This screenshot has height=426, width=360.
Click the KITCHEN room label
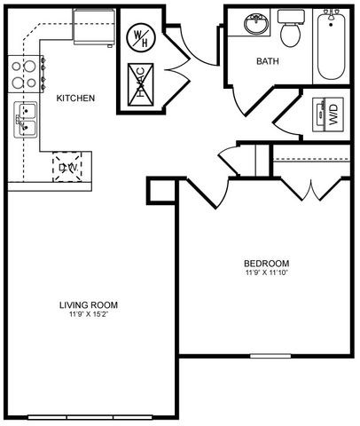tap(75, 98)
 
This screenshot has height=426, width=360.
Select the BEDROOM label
tap(267, 263)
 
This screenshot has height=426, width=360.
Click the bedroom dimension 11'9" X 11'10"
tap(267, 273)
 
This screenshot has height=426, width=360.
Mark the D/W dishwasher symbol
tap(68, 166)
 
